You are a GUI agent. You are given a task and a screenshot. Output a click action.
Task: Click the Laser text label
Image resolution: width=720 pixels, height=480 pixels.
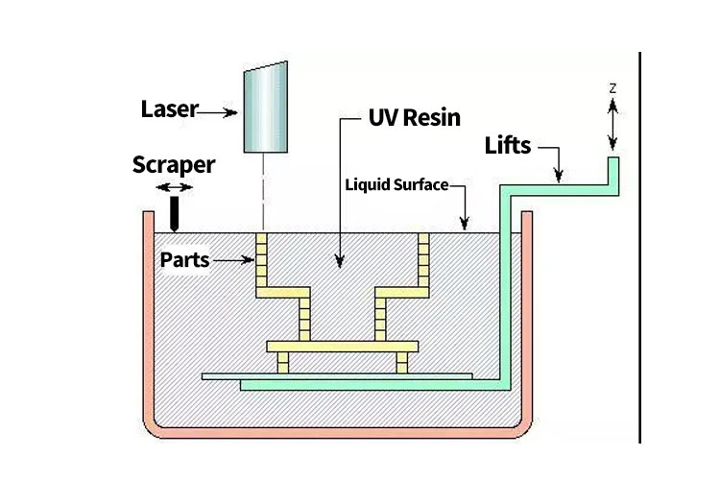169,110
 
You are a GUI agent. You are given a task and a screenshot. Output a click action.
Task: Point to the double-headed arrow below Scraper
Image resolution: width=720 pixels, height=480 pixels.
174,186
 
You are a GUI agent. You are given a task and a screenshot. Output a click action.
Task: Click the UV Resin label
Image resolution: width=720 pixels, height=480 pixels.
415,119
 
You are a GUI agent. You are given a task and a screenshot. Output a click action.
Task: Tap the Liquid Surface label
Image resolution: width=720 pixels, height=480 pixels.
396,184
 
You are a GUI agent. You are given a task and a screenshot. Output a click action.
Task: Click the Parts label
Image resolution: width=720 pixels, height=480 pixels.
186,259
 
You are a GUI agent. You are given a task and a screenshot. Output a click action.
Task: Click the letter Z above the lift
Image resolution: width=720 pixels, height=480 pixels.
612,88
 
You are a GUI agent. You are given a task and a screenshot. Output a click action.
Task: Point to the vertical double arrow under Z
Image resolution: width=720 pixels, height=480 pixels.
612,125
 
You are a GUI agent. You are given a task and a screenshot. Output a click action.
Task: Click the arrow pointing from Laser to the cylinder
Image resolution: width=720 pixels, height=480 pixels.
218,112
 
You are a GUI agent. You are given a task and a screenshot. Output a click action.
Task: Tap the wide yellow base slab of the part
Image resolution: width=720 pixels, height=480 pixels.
342,346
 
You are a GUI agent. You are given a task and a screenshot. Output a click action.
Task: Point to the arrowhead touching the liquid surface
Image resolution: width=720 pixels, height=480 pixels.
465,224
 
